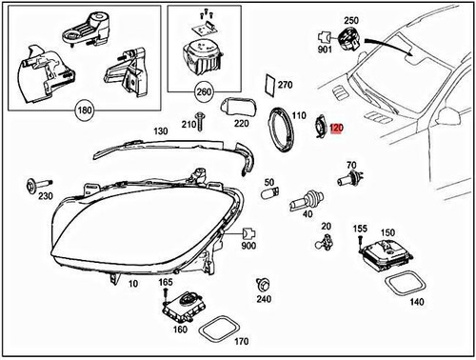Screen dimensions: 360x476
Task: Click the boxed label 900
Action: point(249,245)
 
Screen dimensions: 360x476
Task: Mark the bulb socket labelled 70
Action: point(347,177)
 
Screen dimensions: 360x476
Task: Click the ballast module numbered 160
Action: point(181,307)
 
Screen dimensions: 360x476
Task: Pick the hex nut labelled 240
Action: point(263,284)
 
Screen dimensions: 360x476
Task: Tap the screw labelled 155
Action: point(361,243)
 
